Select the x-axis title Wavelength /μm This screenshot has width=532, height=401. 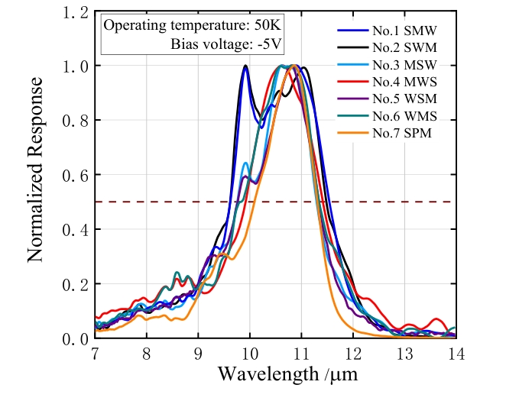[x=287, y=375]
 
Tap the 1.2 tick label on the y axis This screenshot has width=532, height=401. [x=76, y=11]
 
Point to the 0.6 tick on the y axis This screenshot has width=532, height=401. [x=76, y=175]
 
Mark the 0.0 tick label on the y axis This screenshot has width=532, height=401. [x=76, y=338]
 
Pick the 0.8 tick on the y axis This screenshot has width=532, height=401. [x=76, y=121]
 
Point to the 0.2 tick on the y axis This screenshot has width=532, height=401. [x=76, y=284]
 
